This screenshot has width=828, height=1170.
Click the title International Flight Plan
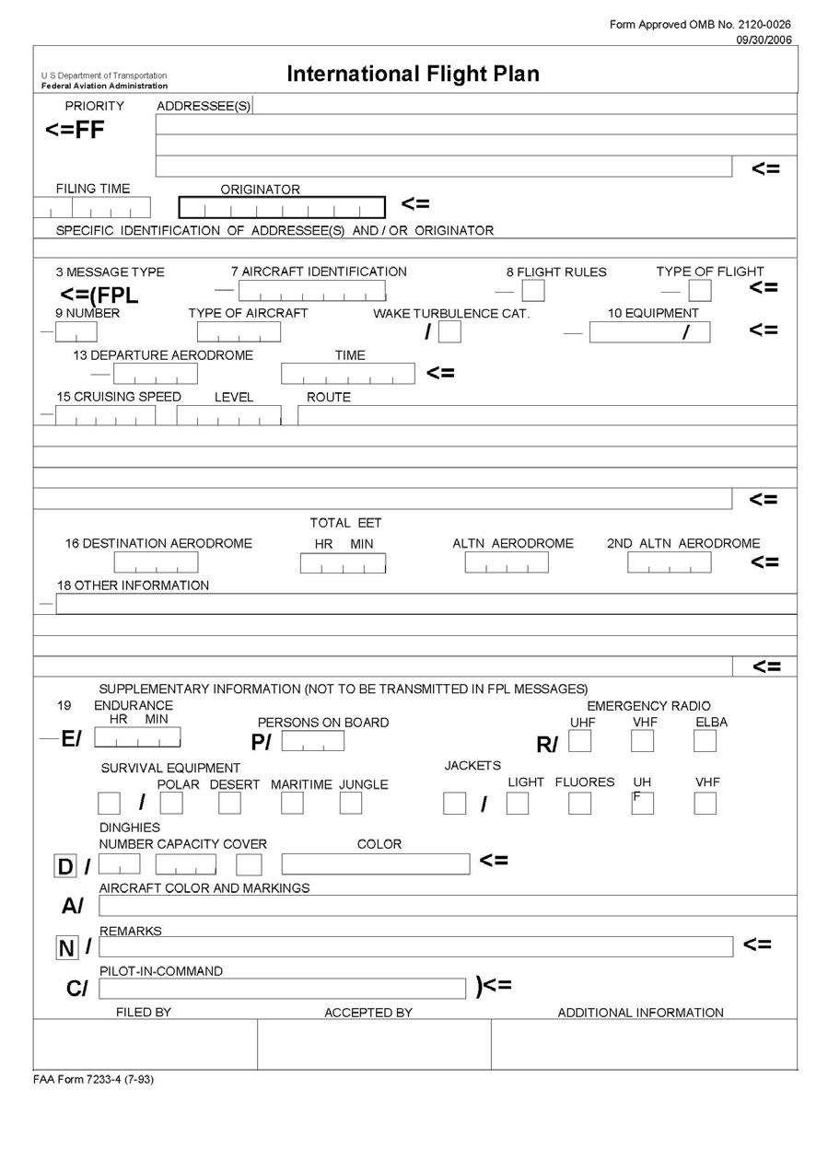click(x=413, y=75)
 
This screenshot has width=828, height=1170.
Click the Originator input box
click(x=282, y=208)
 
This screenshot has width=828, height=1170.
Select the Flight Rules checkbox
click(x=532, y=291)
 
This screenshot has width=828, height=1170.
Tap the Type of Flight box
click(x=700, y=291)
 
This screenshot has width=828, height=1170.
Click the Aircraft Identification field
click(x=311, y=291)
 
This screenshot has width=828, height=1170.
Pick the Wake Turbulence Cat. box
click(x=449, y=331)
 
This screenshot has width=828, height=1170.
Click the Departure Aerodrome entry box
click(x=156, y=374)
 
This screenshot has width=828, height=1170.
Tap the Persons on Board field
click(x=313, y=741)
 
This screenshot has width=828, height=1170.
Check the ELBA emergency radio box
click(x=705, y=741)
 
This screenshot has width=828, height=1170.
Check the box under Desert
click(x=229, y=804)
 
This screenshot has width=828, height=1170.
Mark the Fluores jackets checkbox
click(x=579, y=804)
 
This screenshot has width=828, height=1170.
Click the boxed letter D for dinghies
click(x=65, y=867)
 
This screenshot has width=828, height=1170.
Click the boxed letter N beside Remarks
click(x=66, y=948)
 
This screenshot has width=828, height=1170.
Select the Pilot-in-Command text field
click(x=282, y=989)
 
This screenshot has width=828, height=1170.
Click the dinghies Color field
click(x=375, y=864)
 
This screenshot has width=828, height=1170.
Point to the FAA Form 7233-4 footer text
click(x=94, y=1080)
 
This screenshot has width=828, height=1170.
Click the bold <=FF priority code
click(x=75, y=131)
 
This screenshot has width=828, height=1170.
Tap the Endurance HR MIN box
click(x=137, y=738)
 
